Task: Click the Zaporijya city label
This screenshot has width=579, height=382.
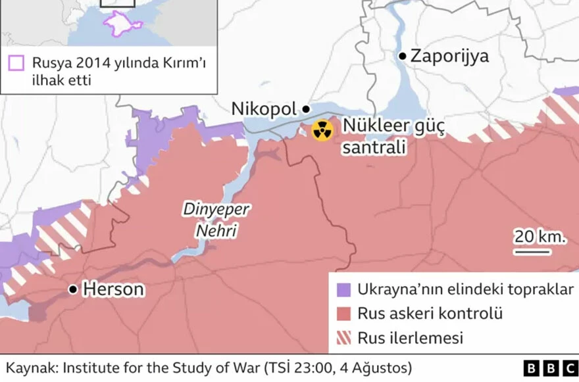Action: [449, 56]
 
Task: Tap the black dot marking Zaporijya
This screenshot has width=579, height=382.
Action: [403, 56]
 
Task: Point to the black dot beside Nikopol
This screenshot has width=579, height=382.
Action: [305, 109]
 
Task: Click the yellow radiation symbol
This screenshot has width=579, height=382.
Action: [322, 130]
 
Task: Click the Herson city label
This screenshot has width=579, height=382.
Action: [113, 289]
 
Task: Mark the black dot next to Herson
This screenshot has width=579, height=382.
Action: [73, 289]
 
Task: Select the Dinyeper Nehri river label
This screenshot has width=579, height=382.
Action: [216, 220]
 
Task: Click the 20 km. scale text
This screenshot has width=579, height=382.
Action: [540, 237]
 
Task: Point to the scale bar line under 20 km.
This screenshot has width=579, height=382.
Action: [533, 251]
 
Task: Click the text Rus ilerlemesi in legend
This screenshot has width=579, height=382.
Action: [410, 338]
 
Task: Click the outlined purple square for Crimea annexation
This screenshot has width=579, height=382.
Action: [16, 63]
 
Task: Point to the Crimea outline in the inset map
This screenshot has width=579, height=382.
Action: [122, 24]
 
